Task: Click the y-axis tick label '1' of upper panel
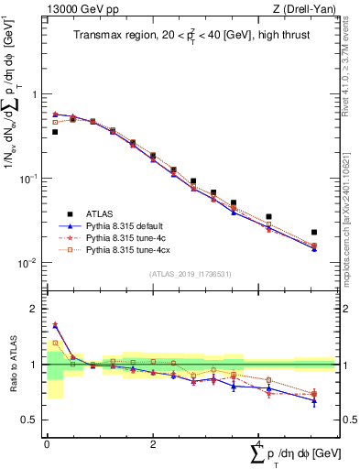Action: (36, 95)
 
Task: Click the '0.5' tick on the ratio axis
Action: (30, 420)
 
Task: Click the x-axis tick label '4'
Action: (258, 443)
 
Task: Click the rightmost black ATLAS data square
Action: (314, 233)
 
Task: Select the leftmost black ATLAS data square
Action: (55, 132)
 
